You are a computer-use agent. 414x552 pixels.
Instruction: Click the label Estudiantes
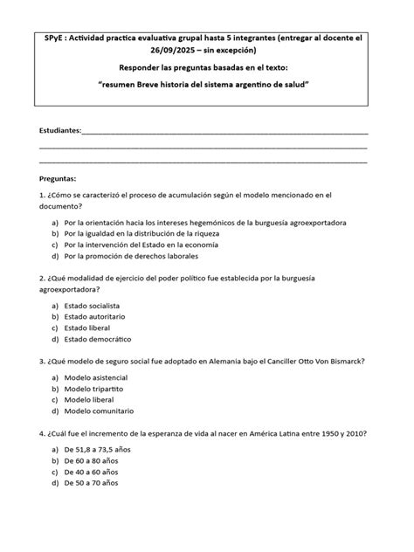click(59, 130)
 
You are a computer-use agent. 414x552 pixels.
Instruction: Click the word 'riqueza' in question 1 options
click(201, 234)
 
